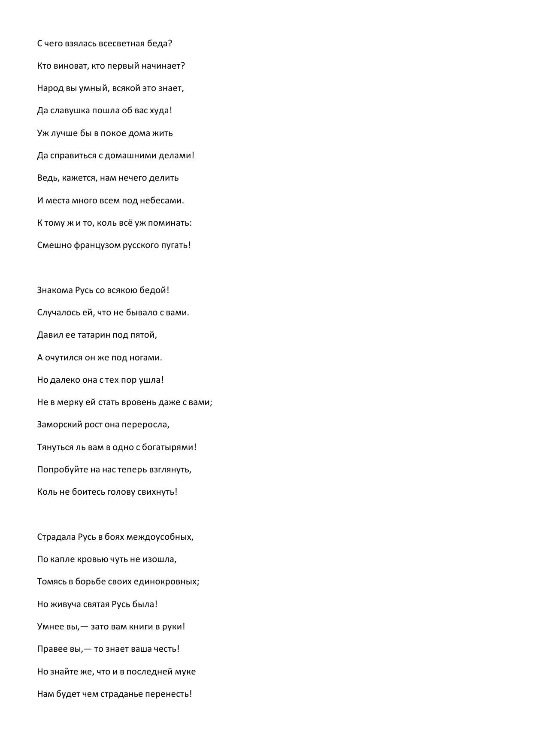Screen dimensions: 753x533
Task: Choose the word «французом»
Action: coord(97,245)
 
